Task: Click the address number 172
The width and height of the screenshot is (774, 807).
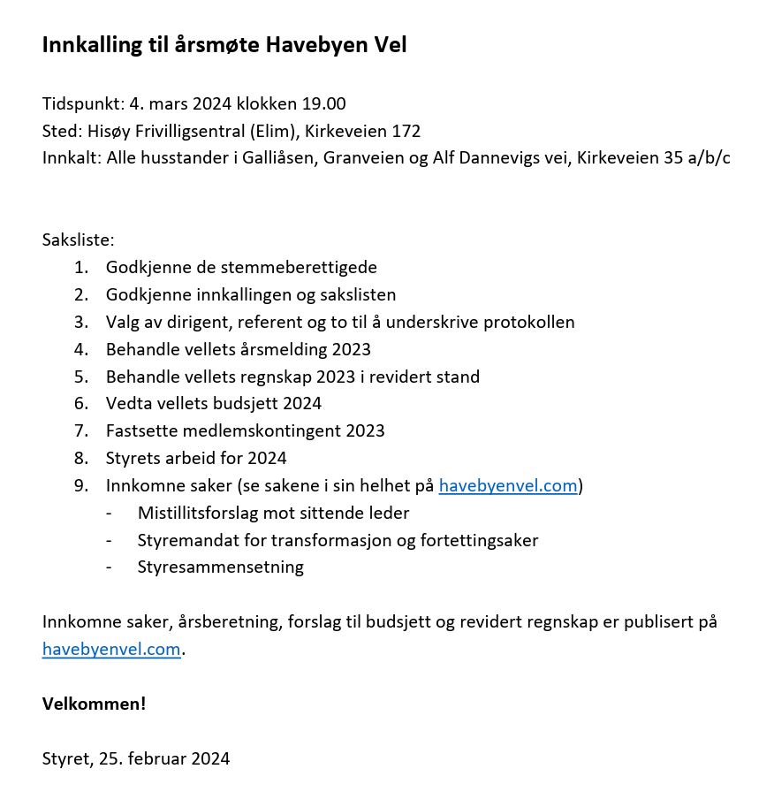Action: tap(406, 131)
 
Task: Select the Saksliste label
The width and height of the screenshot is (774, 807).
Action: tap(78, 240)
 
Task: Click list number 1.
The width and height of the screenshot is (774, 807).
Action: tap(81, 267)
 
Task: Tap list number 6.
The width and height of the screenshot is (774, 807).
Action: tap(81, 404)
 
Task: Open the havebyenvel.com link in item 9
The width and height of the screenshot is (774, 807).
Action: tap(508, 486)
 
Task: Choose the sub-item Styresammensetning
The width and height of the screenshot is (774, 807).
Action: tap(220, 567)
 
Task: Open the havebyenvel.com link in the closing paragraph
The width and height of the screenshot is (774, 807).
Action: tap(111, 650)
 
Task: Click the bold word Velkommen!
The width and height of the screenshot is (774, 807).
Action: tap(94, 704)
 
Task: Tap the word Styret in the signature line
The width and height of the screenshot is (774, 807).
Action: tap(64, 758)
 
